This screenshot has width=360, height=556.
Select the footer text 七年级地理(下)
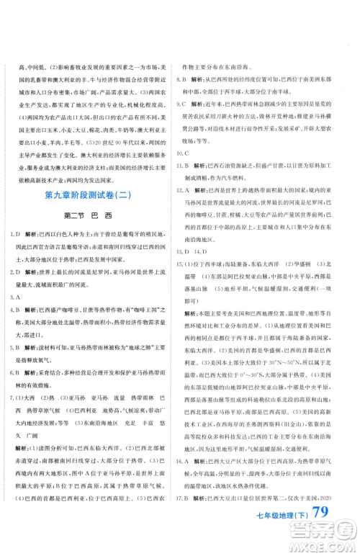[x=268, y=539]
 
